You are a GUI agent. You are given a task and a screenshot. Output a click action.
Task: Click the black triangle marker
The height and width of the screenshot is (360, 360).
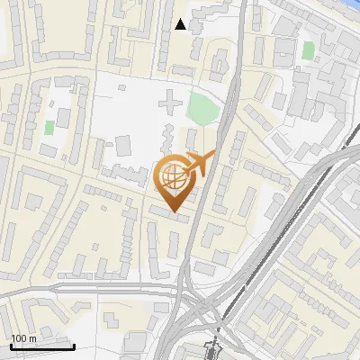[181, 24]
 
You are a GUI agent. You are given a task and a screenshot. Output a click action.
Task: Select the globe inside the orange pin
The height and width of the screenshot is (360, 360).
[175, 179]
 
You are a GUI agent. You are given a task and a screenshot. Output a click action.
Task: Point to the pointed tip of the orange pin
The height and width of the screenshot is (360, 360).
[175, 212]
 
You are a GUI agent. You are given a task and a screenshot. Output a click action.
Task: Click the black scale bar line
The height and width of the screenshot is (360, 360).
[42, 346]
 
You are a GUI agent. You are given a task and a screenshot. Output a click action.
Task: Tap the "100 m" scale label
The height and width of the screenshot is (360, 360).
[23, 338]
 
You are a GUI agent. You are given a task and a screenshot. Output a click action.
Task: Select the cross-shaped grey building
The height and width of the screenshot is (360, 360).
[168, 106]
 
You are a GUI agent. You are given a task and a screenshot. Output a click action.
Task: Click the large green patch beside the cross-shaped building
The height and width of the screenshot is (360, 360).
[203, 110]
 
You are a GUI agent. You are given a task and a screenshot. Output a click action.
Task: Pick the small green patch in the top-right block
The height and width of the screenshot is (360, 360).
[308, 50]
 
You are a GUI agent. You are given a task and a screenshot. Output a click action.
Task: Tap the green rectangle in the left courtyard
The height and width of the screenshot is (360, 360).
[49, 128]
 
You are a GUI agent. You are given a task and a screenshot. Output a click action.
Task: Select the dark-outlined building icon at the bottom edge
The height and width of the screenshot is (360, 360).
[214, 349]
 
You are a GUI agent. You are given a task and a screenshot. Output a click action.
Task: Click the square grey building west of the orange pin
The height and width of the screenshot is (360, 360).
[122, 145]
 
